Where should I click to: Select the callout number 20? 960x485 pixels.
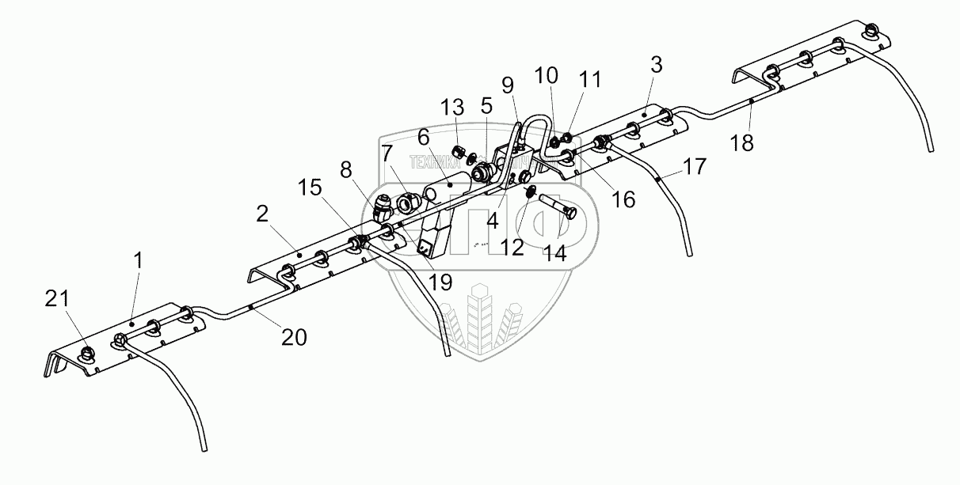pos(293,337)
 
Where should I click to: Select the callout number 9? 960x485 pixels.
pos(507,85)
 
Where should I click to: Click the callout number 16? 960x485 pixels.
pos(623,199)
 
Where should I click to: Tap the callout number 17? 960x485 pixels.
pos(694,167)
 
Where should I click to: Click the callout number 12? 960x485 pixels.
pos(512,247)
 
